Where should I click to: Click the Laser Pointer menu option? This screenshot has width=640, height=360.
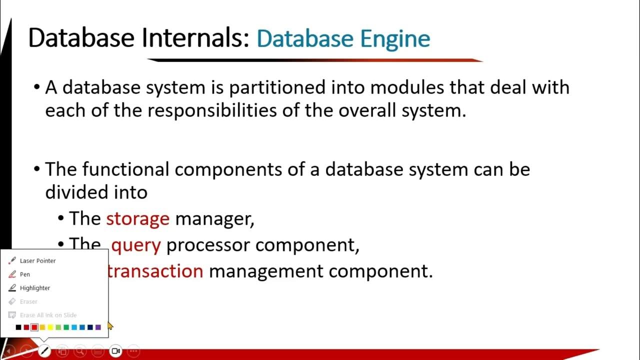[x=37, y=260]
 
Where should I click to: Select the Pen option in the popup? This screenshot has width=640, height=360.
[x=24, y=274]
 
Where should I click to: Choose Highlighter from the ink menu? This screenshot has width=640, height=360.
[x=34, y=288]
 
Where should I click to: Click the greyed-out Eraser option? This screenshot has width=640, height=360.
[x=28, y=301]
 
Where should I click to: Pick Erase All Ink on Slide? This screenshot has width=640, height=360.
[x=48, y=315]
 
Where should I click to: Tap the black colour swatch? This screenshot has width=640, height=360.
[x=18, y=327]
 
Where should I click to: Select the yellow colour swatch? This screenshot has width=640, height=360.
[x=50, y=327]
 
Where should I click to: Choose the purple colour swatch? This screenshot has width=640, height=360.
[x=98, y=327]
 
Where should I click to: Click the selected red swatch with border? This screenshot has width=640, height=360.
[x=34, y=327]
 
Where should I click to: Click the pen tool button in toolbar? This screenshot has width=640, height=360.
[x=44, y=351]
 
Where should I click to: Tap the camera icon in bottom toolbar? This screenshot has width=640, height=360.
[x=115, y=351]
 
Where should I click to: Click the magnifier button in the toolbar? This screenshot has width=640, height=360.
[x=80, y=351]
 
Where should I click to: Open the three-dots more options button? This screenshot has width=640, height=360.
[x=133, y=351]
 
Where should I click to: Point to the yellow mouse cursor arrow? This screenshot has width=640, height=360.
[x=110, y=326]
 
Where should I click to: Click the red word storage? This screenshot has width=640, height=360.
[x=137, y=219]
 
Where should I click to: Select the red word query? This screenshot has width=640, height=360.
[x=135, y=245]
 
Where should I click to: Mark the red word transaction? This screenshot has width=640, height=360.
[x=155, y=271]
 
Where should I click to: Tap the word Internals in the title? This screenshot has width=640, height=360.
[x=195, y=38]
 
